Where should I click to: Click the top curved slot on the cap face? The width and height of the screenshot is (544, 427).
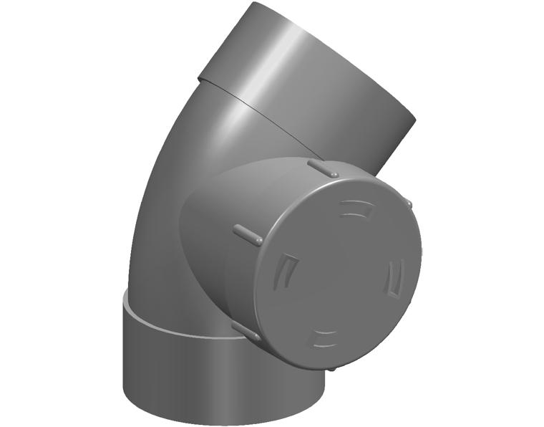coord(356,209)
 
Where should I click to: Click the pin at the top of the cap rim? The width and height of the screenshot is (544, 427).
coord(323,168)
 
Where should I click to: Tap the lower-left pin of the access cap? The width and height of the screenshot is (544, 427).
coord(246,331)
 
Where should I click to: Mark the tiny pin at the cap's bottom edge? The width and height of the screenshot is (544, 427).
coord(334,368)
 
